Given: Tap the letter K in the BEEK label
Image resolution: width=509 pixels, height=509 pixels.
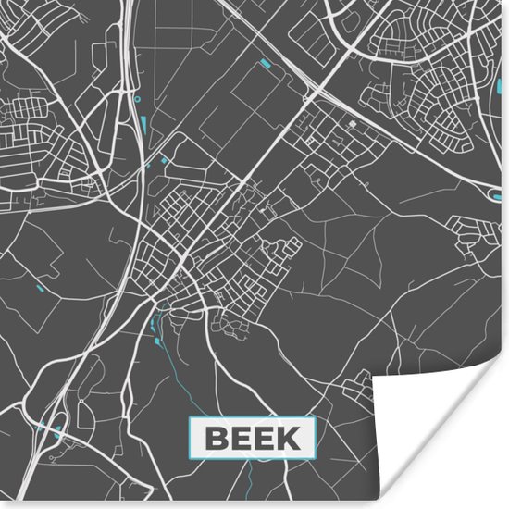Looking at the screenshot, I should tap(290, 437).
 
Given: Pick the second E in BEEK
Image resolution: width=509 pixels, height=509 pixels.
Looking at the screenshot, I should tap(264, 437).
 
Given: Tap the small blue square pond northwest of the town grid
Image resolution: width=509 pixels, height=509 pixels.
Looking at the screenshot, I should tap(166, 159).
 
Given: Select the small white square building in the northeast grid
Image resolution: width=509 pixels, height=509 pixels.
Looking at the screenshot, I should tap(352, 122).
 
